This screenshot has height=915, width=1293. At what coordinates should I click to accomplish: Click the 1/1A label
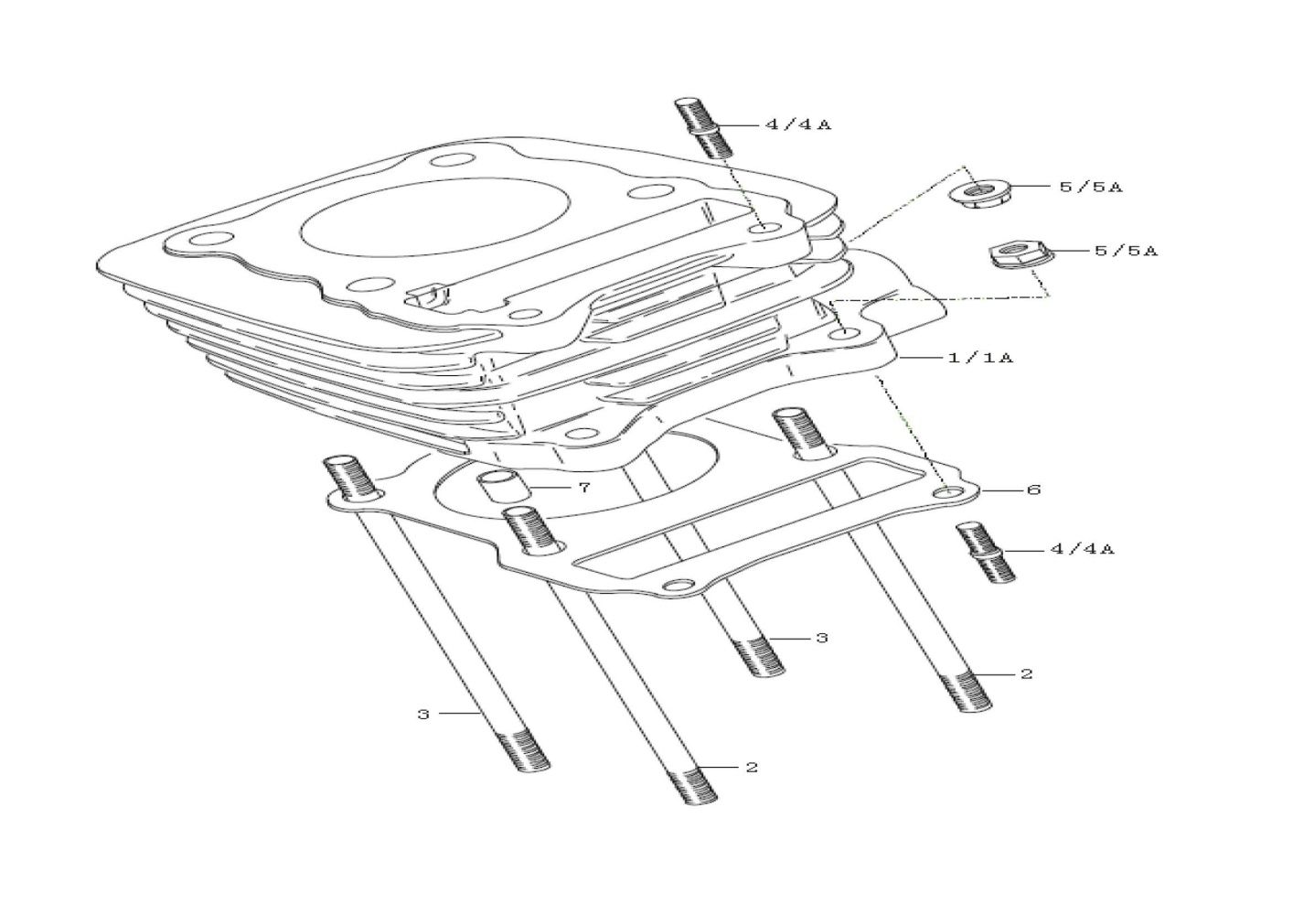click(x=980, y=358)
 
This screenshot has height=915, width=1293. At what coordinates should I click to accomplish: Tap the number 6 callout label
click(x=1033, y=490)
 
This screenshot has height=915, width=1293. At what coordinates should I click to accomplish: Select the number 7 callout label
click(x=584, y=488)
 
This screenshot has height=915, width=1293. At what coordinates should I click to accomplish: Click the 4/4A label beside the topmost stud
click(x=798, y=124)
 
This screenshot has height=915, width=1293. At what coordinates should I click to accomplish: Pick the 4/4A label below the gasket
click(x=1083, y=549)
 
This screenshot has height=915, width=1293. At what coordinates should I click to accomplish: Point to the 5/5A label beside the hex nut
click(x=1127, y=251)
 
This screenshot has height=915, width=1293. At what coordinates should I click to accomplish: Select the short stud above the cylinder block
click(x=703, y=128)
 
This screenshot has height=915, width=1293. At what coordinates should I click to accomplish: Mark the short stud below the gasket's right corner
click(x=986, y=553)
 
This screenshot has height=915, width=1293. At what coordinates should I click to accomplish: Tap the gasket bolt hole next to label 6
click(x=947, y=493)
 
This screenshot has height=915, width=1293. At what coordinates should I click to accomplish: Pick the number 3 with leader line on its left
click(x=822, y=639)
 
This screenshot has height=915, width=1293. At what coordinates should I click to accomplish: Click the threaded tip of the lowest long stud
click(x=694, y=783)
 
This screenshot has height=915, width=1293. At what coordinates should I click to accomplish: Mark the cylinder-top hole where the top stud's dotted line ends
click(x=766, y=228)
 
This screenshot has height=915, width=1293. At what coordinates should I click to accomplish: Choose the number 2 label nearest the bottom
click(x=751, y=768)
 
